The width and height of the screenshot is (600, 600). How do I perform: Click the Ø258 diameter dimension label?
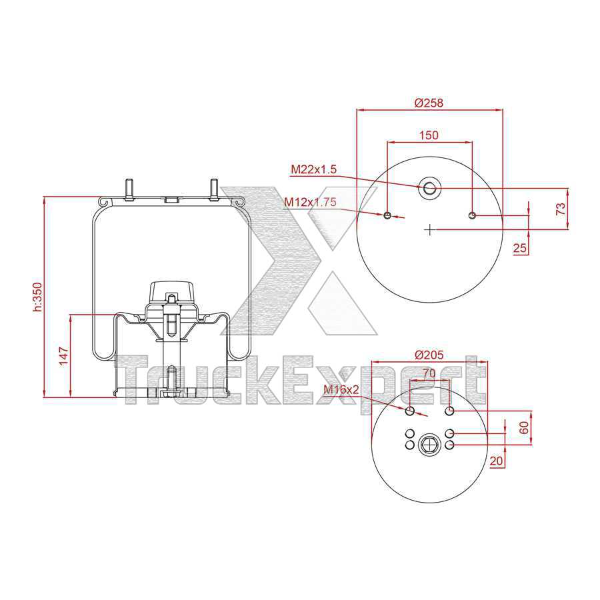coord(429,103)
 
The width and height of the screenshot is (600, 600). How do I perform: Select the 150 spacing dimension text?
coord(428,135)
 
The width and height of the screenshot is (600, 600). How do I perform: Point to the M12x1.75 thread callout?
coord(310,202)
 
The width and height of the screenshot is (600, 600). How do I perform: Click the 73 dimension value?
coord(561,208)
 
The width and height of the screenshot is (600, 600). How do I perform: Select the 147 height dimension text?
coord(64,355)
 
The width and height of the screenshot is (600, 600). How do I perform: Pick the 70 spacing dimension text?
coord(429,374)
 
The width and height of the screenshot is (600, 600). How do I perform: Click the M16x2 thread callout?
coord(341,389)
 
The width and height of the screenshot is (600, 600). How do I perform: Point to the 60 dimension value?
coord(523,427)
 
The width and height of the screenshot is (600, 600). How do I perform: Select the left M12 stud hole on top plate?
coord(387,215)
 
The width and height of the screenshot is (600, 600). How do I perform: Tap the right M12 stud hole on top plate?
coord(472,215)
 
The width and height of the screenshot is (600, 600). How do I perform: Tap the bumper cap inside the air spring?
coord(172,291)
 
